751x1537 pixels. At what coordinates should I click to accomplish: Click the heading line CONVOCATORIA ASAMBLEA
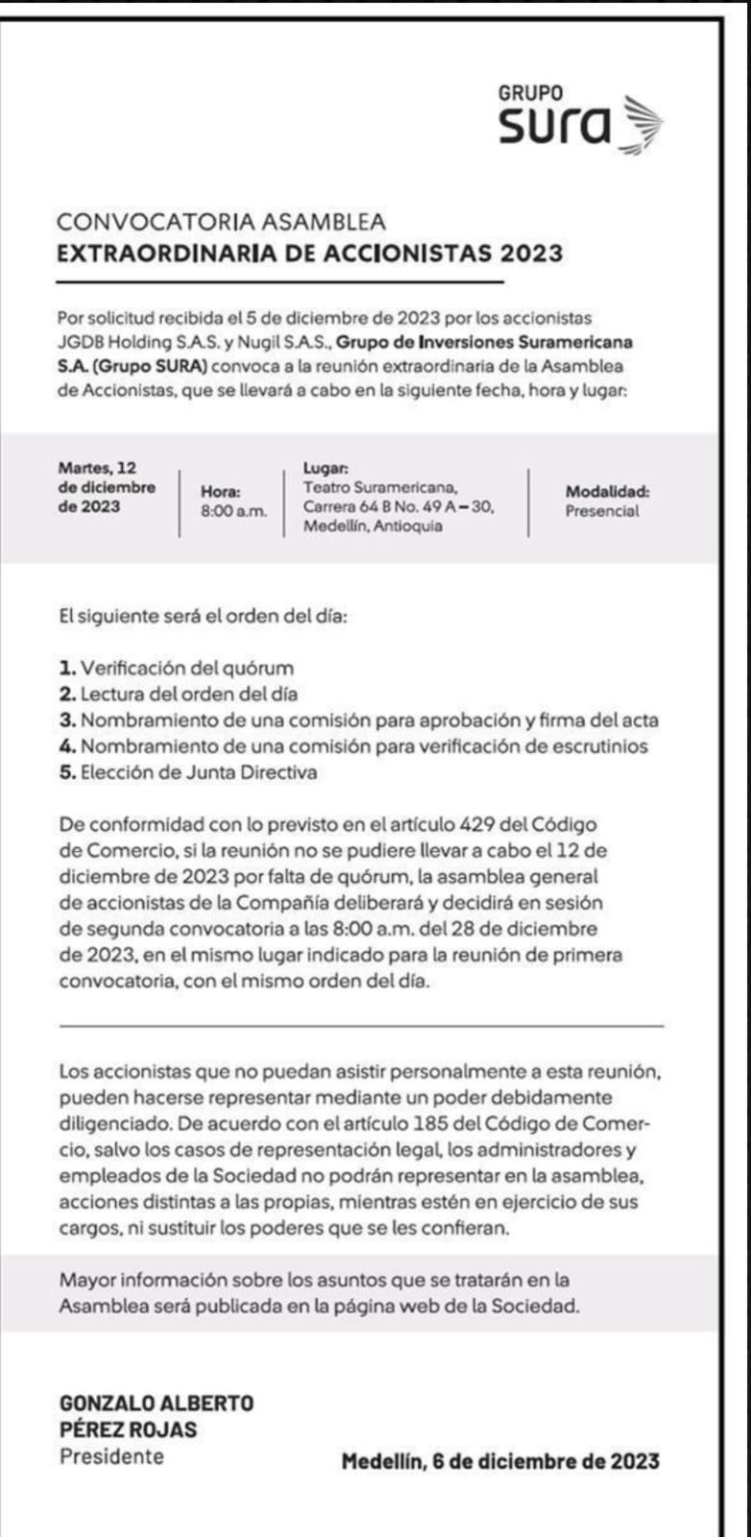click(x=221, y=222)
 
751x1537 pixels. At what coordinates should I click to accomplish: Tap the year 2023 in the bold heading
click(x=530, y=254)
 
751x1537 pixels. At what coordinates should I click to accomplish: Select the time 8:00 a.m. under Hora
click(x=233, y=512)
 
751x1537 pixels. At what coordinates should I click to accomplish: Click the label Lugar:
click(x=326, y=468)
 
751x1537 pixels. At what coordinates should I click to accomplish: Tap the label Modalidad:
click(x=607, y=491)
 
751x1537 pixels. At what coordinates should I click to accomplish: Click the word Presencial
click(x=601, y=511)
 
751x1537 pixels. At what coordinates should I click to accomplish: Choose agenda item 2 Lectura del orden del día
click(x=179, y=694)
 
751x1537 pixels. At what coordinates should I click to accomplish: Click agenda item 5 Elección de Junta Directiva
click(x=188, y=772)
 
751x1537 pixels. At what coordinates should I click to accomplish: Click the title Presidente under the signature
click(x=111, y=1456)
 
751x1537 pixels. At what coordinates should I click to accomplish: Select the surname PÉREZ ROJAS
click(x=128, y=1429)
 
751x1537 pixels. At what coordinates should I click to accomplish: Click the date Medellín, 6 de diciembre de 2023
click(x=500, y=1461)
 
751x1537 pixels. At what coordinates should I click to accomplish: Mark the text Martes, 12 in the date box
click(x=97, y=468)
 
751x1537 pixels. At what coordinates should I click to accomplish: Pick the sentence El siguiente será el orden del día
click(x=203, y=616)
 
